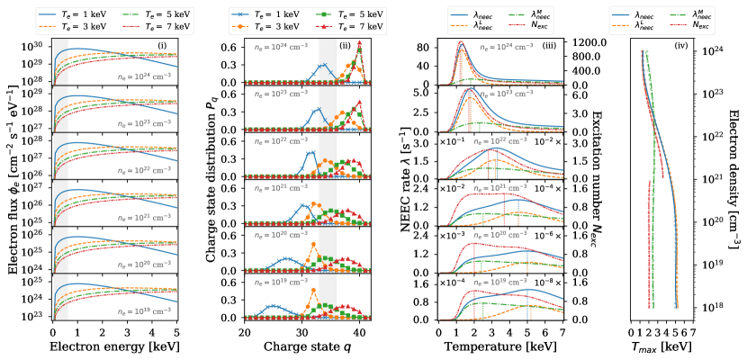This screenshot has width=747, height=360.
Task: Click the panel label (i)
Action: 162,46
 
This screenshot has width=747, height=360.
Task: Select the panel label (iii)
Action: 548,46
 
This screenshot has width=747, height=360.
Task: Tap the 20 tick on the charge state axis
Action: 244,330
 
